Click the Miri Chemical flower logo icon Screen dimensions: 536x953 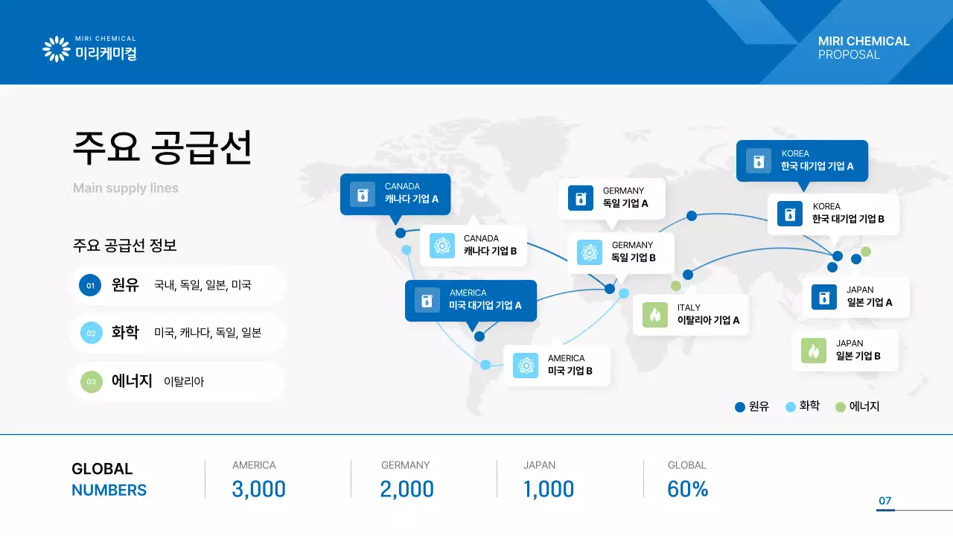[x=56, y=49]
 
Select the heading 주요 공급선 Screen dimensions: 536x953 [x=162, y=147]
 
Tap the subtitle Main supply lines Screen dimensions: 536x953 [x=126, y=188]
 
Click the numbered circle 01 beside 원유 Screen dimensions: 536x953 [x=90, y=285]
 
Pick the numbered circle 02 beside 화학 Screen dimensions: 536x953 [x=91, y=334]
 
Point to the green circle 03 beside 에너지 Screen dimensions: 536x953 [x=91, y=382]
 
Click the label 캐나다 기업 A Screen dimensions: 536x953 [x=412, y=199]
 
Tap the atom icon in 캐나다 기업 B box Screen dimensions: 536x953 [x=442, y=246]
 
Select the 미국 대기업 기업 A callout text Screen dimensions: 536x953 [x=485, y=305]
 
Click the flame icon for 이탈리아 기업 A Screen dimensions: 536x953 [x=655, y=315]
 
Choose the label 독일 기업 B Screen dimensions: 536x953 [x=633, y=258]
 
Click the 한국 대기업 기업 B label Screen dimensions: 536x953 [x=848, y=219]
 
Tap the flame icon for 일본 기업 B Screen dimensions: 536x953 [x=814, y=350]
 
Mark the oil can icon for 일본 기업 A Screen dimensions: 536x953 [x=824, y=297]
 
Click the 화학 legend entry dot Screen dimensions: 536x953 [x=791, y=407]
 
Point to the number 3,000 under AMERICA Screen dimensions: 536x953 [x=258, y=489]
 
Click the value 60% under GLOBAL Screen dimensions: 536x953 [x=688, y=489]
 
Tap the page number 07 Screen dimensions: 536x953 [x=885, y=501]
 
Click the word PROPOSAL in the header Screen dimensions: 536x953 [x=849, y=54]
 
